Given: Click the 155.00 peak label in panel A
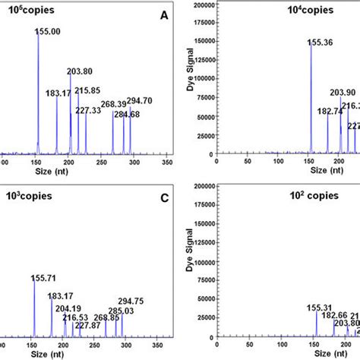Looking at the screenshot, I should (51, 33).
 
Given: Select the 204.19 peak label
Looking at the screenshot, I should (65, 308).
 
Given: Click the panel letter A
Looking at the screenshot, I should (163, 14).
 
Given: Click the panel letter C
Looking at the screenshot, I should (163, 196).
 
